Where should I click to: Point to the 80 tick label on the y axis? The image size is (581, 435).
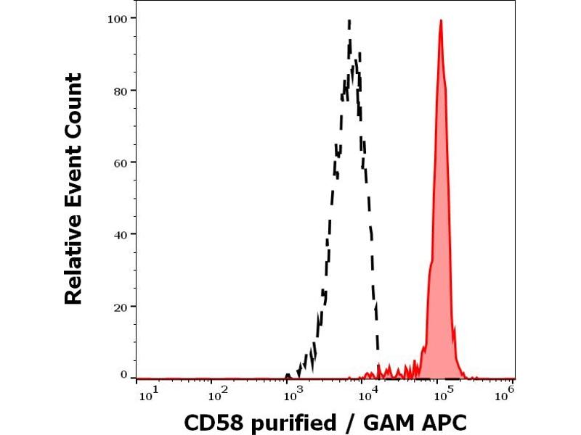pyautogui.click(x=120, y=90)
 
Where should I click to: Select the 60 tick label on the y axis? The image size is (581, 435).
pyautogui.click(x=120, y=162)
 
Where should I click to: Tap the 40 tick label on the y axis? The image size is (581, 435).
pyautogui.click(x=120, y=234)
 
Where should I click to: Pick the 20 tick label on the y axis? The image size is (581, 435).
pyautogui.click(x=120, y=307)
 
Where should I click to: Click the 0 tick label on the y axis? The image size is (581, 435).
pyautogui.click(x=123, y=375)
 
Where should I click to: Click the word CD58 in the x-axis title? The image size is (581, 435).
pyautogui.click(x=212, y=421)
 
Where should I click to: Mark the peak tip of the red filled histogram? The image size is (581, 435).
pyautogui.click(x=441, y=20)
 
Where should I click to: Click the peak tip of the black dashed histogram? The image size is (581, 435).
pyautogui.click(x=350, y=20)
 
